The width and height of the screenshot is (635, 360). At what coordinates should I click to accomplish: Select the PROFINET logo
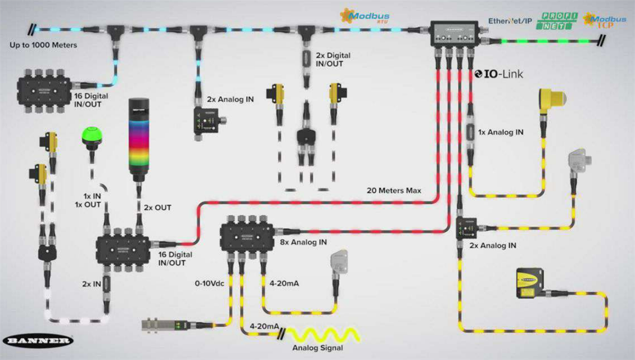pyautogui.click(x=557, y=21)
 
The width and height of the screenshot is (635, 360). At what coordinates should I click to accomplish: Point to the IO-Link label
pyautogui.click(x=499, y=74)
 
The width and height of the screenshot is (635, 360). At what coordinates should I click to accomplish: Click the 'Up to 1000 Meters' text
pyautogui.click(x=43, y=45)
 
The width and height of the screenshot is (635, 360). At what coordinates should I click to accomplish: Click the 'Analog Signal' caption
pyautogui.click(x=317, y=348)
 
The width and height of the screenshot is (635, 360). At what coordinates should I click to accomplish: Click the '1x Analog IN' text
pyautogui.click(x=501, y=132)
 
